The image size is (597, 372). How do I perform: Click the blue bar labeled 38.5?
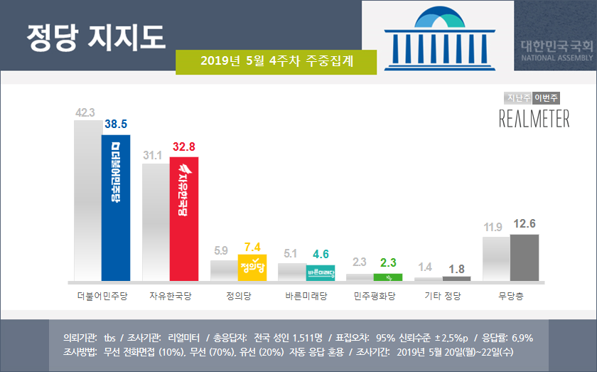(x=116, y=208)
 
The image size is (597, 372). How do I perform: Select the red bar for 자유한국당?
(x=183, y=218)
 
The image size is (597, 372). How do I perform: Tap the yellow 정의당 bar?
(x=252, y=267)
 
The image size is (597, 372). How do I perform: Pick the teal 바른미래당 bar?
(x=321, y=272)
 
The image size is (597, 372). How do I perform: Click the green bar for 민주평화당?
(x=388, y=277)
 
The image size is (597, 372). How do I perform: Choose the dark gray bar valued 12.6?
(x=525, y=257)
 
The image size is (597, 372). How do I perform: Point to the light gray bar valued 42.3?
(x=88, y=200)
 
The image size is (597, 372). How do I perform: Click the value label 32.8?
(x=185, y=148)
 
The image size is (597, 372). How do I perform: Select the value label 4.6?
(x=321, y=254)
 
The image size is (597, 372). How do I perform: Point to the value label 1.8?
(x=456, y=268)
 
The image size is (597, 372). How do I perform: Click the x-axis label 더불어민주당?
(x=102, y=294)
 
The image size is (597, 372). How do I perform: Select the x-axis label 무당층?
(x=510, y=294)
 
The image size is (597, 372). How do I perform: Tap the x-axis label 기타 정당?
(x=442, y=294)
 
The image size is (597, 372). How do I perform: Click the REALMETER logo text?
(x=534, y=119)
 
